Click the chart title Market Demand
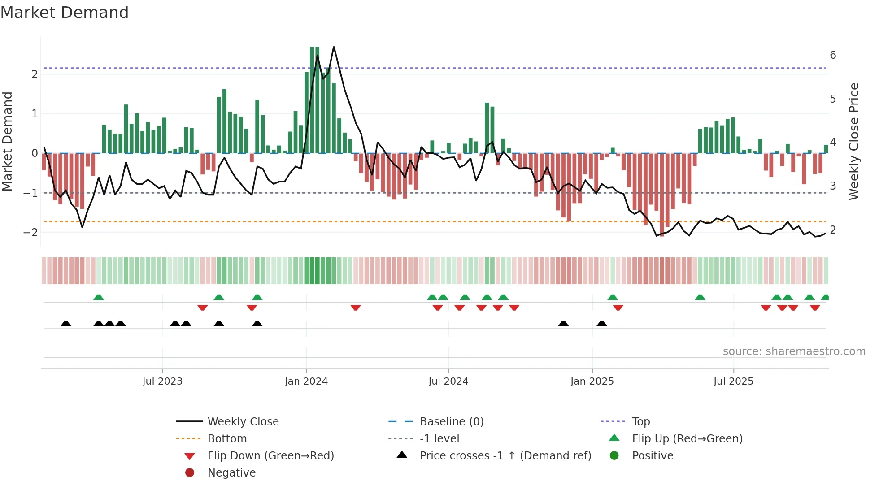[65, 13]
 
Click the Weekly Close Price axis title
[854, 141]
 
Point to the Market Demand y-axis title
[8, 141]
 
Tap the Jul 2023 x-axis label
[162, 381]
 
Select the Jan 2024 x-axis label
[306, 381]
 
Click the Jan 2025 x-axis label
[592, 381]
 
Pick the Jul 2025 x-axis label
[734, 381]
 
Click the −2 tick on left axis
[31, 232]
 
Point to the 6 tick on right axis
[833, 55]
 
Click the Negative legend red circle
[190, 473]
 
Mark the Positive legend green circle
[614, 456]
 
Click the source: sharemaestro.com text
[794, 351]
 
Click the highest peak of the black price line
[334, 47]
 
